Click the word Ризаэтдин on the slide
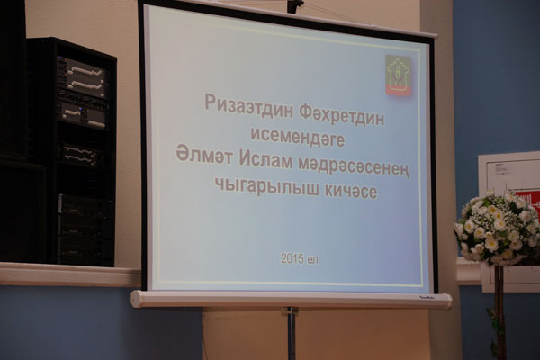pos(248,106)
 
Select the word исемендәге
pos(298,137)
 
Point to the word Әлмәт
pos(205,157)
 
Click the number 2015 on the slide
pos(292,258)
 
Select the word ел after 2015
pos(312,259)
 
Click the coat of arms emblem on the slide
pos(399,75)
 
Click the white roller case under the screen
pos(292,299)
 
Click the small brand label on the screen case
pos(426,299)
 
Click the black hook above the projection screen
pos(295,6)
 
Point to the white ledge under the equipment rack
pos(70,274)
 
